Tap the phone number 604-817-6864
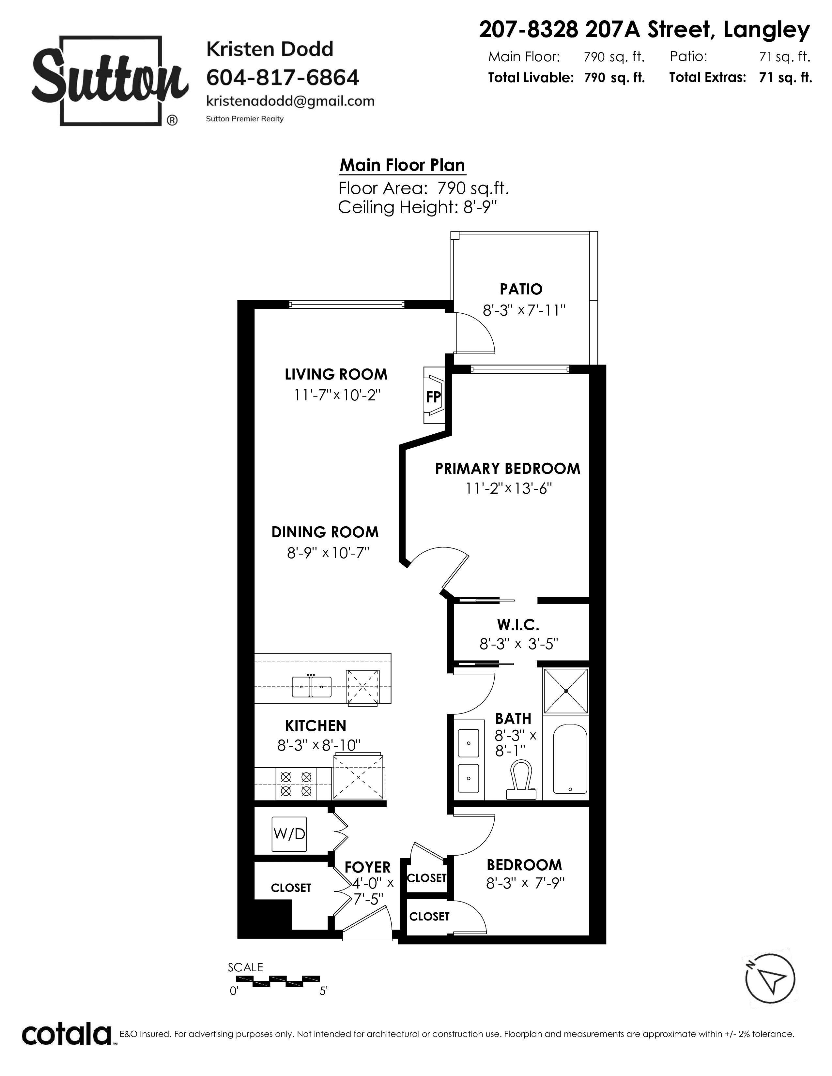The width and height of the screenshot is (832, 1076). [283, 77]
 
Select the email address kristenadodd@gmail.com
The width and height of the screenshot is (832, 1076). [290, 101]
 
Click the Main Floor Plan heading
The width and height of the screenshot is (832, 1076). [402, 165]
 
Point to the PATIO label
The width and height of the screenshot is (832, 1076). [521, 289]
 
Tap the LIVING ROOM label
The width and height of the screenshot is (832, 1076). [336, 374]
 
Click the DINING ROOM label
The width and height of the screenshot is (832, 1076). [325, 532]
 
